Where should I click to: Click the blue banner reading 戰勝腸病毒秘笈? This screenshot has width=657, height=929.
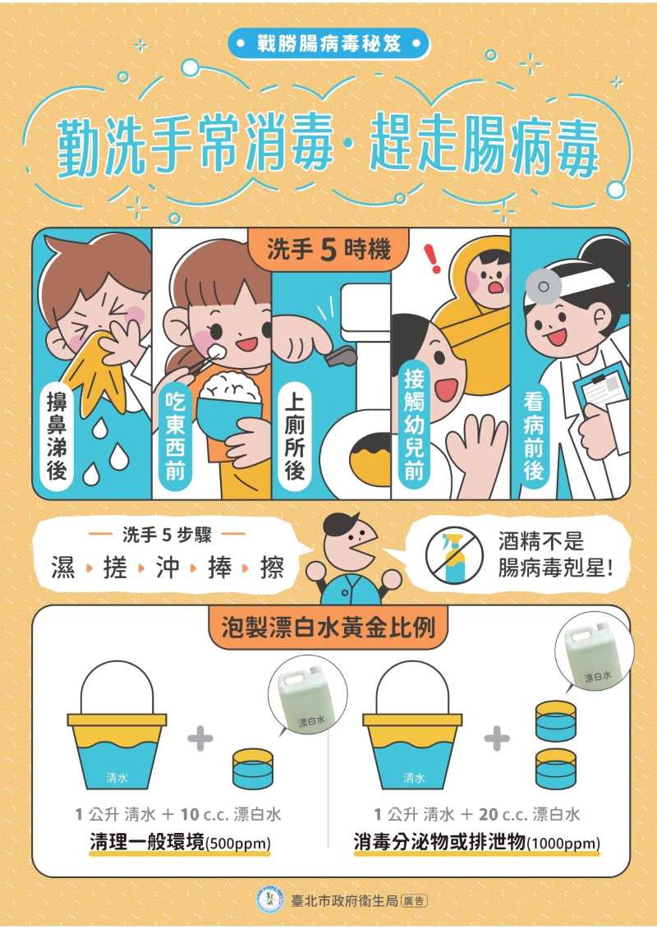pyautogui.click(x=328, y=44)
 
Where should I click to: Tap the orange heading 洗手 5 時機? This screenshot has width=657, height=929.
pyautogui.click(x=328, y=250)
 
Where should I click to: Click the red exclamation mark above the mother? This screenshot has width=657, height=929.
pyautogui.click(x=434, y=260)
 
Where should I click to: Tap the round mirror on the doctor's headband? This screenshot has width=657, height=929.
pyautogui.click(x=540, y=286)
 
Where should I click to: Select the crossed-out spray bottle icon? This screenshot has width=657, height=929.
pyautogui.click(x=454, y=556)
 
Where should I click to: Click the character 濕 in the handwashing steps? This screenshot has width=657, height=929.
pyautogui.click(x=62, y=568)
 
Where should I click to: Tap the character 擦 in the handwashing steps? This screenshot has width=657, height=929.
pyautogui.click(x=271, y=568)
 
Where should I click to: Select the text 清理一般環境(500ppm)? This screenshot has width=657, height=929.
pyautogui.click(x=180, y=842)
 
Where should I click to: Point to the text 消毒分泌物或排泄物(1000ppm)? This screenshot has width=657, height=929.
pyautogui.click(x=477, y=842)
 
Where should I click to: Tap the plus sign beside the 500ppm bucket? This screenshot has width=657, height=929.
pyautogui.click(x=200, y=738)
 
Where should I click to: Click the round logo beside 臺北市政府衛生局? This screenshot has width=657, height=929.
pyautogui.click(x=270, y=900)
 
